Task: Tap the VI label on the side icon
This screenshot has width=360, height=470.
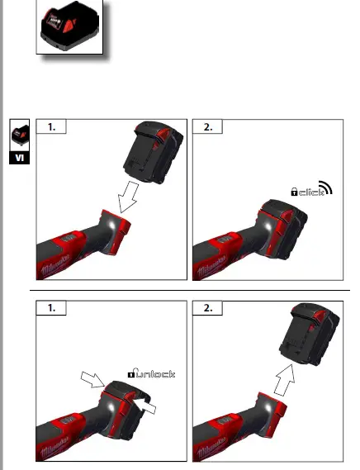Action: (20, 159)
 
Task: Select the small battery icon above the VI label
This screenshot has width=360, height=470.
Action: (20, 136)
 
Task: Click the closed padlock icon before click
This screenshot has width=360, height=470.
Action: (293, 192)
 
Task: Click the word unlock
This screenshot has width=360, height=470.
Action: (155, 375)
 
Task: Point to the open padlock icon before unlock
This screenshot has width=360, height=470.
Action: (131, 374)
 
